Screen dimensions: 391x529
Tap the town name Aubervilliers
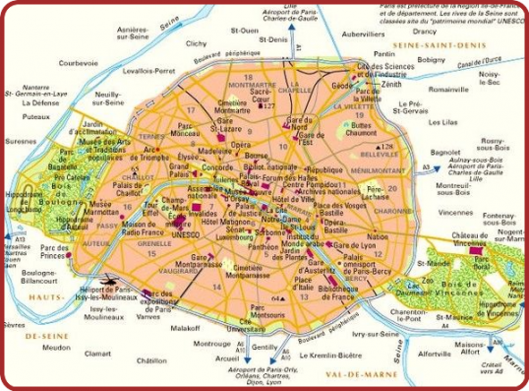click(363, 33)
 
